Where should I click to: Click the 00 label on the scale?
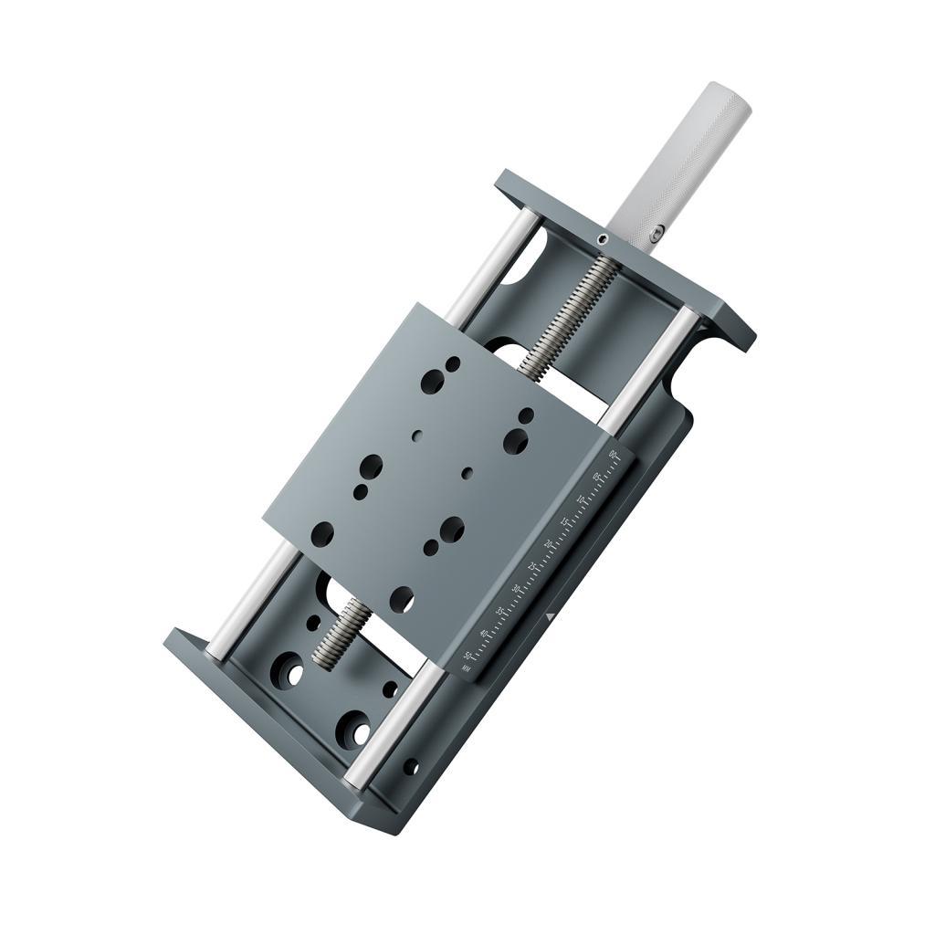[x=613, y=455]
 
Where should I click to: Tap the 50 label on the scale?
[x=467, y=656]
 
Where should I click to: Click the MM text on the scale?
[x=466, y=668]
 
